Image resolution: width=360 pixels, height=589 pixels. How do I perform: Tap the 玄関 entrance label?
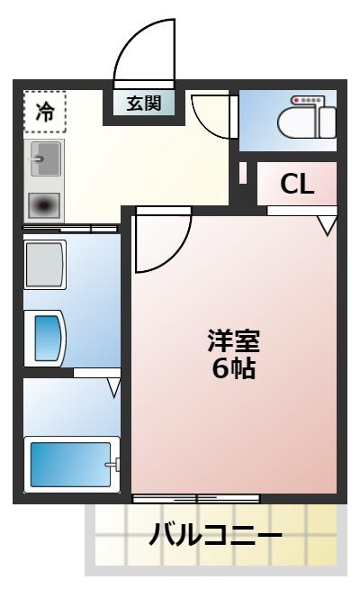pos(143,103)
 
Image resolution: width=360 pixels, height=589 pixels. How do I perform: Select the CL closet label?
pos(297,184)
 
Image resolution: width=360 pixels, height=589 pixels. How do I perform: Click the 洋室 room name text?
pos(233,342)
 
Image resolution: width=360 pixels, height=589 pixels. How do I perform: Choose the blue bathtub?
pos(69,465)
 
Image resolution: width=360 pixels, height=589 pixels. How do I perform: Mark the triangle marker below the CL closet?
pos(327,225)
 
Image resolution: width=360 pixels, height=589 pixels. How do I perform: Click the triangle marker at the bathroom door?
pos(113,387)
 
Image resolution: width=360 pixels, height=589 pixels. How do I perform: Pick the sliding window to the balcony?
pos(196,498)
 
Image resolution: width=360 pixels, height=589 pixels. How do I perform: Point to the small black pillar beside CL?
pos(243,172)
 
